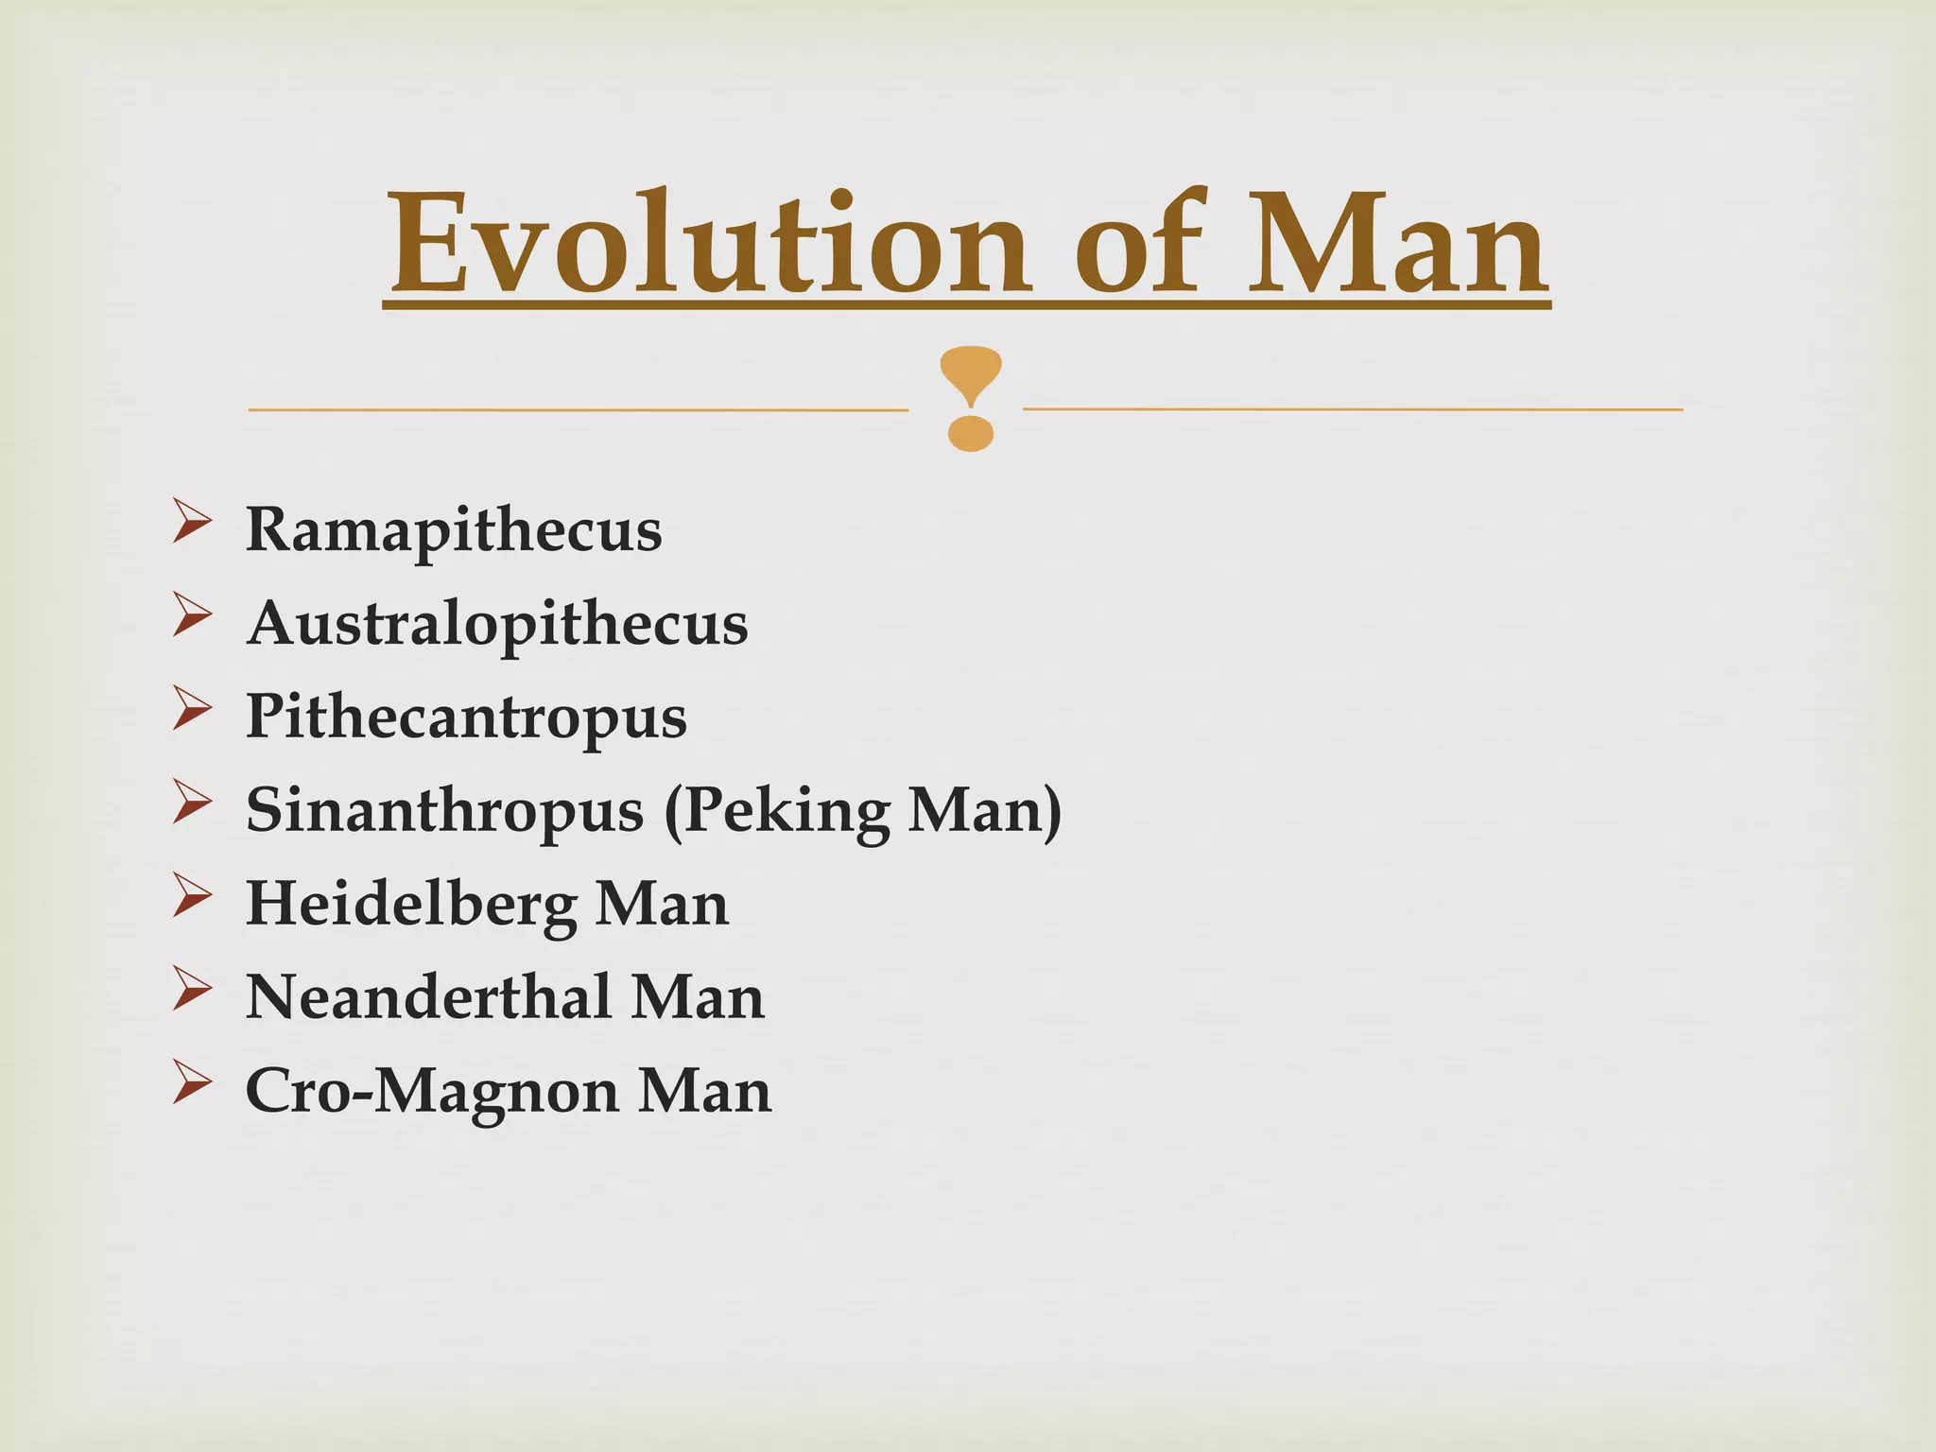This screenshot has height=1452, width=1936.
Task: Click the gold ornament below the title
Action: tap(971, 398)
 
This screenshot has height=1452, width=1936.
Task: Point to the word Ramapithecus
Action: tap(454, 530)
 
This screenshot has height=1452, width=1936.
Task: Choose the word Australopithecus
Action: tap(497, 624)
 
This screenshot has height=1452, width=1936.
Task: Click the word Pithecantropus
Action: tap(466, 717)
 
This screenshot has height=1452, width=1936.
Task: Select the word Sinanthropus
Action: tap(444, 811)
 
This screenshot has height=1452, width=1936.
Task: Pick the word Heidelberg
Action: tap(411, 905)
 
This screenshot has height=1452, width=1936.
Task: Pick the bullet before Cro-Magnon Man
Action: tap(192, 1084)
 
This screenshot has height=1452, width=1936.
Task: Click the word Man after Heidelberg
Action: tap(662, 905)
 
